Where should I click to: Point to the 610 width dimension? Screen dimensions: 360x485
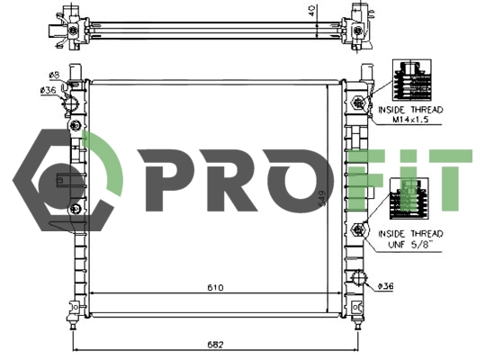pyautogui.click(x=215, y=288)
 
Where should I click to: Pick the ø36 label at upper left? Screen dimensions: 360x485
pyautogui.click(x=49, y=89)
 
